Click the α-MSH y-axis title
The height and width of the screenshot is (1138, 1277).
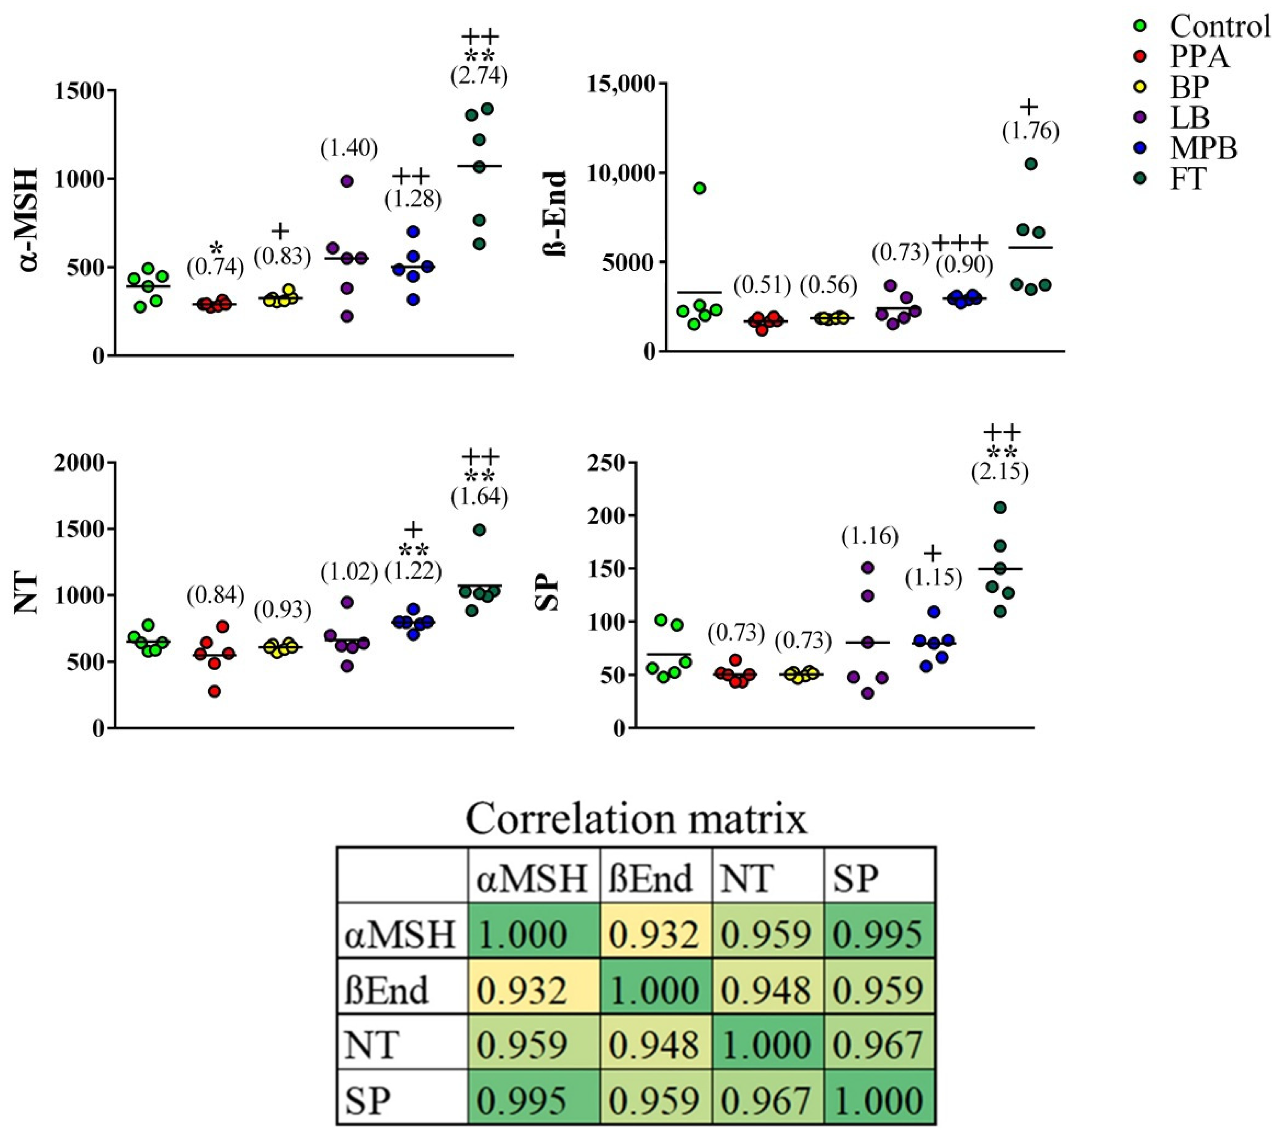pyautogui.click(x=28, y=220)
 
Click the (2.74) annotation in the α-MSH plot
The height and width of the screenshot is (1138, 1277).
pyautogui.click(x=479, y=76)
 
